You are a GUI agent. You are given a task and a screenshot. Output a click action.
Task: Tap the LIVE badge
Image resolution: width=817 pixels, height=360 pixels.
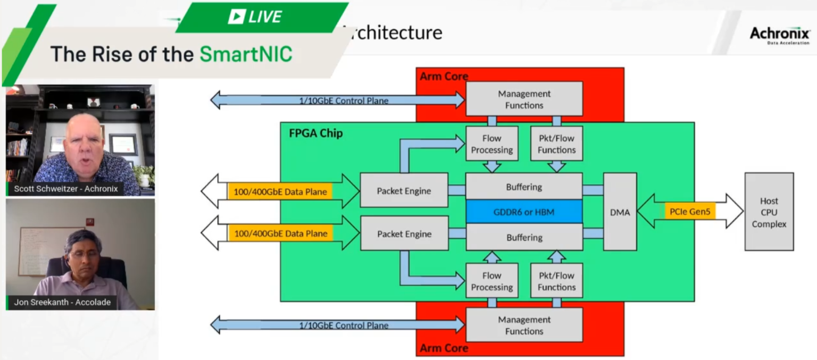(255, 17)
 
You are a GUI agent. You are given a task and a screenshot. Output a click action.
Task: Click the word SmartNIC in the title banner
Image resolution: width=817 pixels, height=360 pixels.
(246, 54)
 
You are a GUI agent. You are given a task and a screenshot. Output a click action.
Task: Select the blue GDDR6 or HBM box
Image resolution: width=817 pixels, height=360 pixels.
(524, 212)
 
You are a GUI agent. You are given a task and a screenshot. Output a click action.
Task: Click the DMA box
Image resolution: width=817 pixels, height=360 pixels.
(620, 212)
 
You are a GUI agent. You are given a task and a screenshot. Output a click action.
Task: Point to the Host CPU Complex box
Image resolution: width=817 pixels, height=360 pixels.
(769, 212)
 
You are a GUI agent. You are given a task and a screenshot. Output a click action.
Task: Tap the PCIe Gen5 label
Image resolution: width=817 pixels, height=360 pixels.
(690, 211)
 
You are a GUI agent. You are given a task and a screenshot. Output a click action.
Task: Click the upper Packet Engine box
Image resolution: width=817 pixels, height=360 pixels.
(404, 191)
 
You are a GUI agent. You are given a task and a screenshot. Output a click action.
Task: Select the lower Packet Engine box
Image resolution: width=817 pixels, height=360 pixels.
(404, 234)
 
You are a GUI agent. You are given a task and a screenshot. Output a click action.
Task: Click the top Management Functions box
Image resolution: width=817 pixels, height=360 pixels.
(524, 99)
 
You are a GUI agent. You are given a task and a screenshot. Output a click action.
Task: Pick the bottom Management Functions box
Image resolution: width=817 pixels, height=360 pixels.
(524, 325)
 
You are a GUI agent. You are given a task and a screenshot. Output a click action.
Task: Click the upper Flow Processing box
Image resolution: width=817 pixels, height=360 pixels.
(491, 144)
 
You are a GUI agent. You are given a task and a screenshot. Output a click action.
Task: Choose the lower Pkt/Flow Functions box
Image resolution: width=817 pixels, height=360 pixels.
(556, 281)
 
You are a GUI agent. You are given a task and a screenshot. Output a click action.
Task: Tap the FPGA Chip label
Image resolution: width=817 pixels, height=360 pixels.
(316, 133)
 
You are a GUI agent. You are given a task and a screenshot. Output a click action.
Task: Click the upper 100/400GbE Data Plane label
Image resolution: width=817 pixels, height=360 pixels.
(280, 191)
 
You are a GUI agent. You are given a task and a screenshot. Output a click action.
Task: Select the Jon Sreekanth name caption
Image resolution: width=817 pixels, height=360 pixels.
(62, 302)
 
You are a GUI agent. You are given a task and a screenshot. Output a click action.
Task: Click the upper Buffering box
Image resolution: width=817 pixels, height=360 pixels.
(524, 187)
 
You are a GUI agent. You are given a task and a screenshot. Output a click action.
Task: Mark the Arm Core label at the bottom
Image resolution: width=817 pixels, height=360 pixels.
(444, 348)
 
